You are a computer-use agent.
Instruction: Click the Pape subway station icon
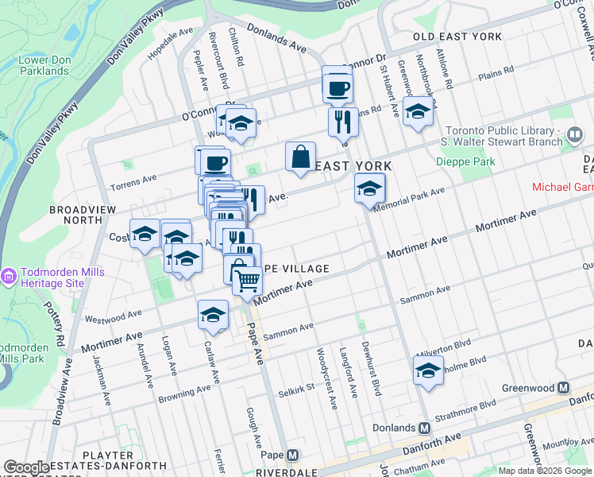[293, 456]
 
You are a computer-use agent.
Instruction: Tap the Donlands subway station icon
[425, 428]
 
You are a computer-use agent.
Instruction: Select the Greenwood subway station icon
[564, 388]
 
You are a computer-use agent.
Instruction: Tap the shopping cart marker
[248, 280]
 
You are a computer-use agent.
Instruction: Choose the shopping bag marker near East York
[301, 157]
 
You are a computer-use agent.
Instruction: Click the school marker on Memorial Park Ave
[369, 188]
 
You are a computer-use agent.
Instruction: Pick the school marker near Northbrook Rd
[418, 111]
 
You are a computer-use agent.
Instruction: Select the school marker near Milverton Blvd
[428, 370]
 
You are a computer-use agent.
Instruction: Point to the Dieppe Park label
[465, 161]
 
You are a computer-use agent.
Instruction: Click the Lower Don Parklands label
[44, 65]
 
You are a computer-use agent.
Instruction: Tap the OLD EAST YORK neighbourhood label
[457, 37]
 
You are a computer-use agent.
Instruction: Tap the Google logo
[26, 467]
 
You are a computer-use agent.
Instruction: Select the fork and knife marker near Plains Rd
[343, 122]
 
